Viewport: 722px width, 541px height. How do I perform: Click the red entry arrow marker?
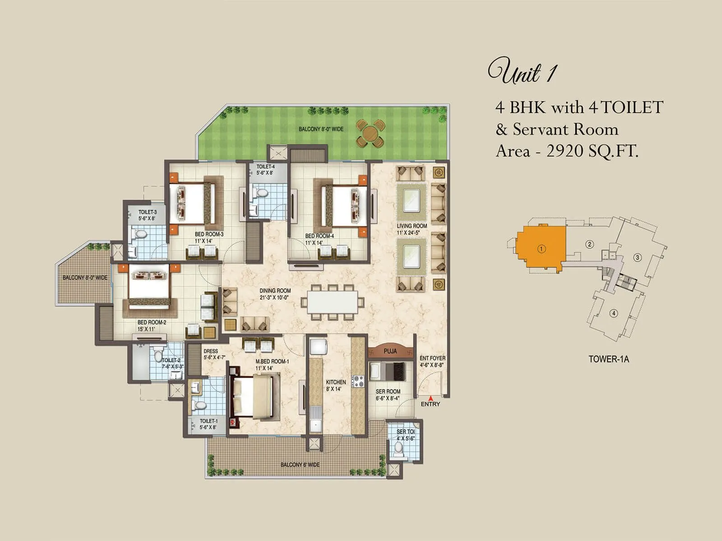(x=430, y=398)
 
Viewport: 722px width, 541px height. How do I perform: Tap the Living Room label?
(x=412, y=226)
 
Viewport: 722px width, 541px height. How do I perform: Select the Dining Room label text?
(x=275, y=291)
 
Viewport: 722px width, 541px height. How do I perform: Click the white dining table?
(x=333, y=302)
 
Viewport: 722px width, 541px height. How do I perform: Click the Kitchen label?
(x=336, y=382)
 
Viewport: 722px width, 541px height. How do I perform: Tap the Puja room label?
(x=390, y=351)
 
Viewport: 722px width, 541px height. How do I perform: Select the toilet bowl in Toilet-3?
(x=140, y=234)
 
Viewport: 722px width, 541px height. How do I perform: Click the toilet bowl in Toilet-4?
(x=261, y=193)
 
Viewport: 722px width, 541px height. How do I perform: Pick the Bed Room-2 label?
(x=152, y=322)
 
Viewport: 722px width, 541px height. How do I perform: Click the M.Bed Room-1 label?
(x=272, y=361)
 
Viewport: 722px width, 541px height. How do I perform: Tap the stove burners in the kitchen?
(x=358, y=381)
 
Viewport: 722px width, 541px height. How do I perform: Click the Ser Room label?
(x=388, y=391)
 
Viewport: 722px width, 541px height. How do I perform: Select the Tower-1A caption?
(x=608, y=359)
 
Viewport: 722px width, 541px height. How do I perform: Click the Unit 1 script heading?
(x=522, y=72)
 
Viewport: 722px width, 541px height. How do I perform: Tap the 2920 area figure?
(x=565, y=151)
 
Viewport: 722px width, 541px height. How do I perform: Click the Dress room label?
(x=211, y=351)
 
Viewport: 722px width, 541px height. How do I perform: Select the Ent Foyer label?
(x=432, y=358)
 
